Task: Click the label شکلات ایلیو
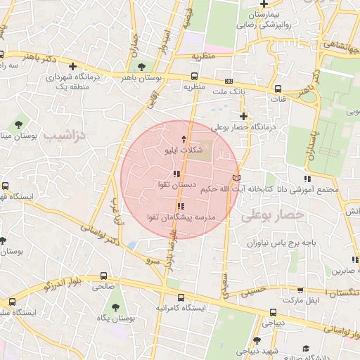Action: (x=185, y=150)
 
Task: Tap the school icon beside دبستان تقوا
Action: (x=176, y=174)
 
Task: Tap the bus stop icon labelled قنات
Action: (x=278, y=89)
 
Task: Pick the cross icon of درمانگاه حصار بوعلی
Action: (x=243, y=116)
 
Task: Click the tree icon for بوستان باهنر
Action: (x=143, y=67)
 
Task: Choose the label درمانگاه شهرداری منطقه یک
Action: (x=70, y=81)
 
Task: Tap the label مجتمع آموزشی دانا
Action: (x=309, y=190)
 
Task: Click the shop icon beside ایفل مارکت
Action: (x=302, y=288)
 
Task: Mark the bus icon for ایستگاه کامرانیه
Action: (x=181, y=297)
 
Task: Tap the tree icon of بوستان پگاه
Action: (x=115, y=307)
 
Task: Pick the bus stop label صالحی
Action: (x=103, y=287)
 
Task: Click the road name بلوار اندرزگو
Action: (x=64, y=284)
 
